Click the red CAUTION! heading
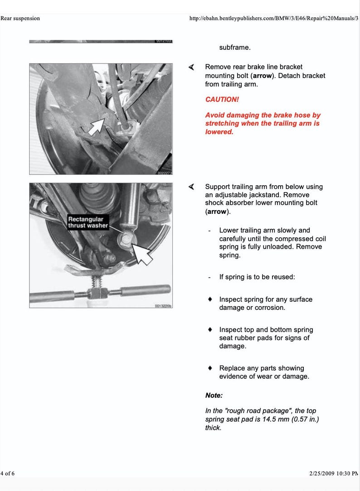(x=222, y=99)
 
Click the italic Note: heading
(x=214, y=395)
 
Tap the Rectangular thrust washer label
(x=88, y=222)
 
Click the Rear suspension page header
(x=20, y=19)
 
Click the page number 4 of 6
(x=8, y=473)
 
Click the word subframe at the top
(x=235, y=47)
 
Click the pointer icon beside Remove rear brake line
(x=192, y=67)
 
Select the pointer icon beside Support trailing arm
(x=192, y=187)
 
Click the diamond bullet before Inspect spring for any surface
(x=210, y=299)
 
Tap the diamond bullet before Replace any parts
(x=210, y=368)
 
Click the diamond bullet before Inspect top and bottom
(x=210, y=330)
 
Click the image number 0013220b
(x=162, y=306)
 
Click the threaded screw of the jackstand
(x=97, y=284)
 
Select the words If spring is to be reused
(x=257, y=277)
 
